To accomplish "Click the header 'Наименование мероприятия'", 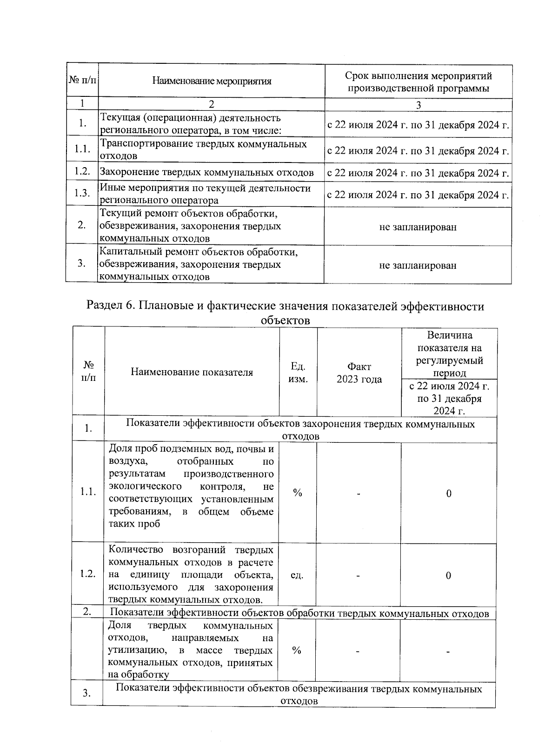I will coord(212,81).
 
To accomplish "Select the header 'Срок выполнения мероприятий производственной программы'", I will coord(418,82).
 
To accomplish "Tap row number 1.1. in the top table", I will coord(82,149).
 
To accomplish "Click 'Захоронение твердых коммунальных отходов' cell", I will coord(207,173).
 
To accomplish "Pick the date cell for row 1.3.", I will coord(418,195).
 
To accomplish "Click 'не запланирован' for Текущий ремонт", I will coord(418,227).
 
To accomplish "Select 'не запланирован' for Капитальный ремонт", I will coord(418,265).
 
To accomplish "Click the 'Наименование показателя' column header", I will coord(192,372).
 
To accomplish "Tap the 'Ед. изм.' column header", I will coord(298,372).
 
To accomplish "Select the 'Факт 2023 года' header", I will coord(359,373).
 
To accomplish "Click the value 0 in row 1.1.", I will coord(449,494).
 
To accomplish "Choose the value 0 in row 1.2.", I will coord(448,576).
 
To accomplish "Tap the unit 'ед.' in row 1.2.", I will coord(297,576).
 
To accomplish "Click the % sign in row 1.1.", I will coord(298,493).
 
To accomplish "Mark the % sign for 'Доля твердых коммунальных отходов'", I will coord(297,650).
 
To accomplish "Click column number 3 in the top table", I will coord(418,105).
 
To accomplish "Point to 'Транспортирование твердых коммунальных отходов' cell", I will coord(204,149).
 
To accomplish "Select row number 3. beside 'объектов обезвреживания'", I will coord(86,693).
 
